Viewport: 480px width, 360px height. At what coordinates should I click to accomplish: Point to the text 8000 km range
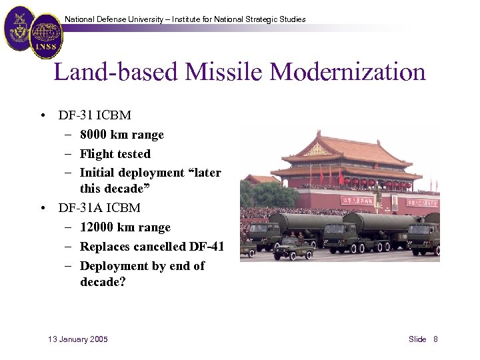click(121, 135)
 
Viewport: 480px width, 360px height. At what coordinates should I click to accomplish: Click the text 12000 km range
click(125, 227)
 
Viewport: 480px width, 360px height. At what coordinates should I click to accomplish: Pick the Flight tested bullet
click(115, 154)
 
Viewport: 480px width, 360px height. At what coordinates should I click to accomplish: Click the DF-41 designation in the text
click(206, 247)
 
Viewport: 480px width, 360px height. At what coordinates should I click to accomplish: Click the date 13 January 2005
click(78, 339)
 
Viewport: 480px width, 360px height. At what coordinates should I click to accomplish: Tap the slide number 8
click(435, 339)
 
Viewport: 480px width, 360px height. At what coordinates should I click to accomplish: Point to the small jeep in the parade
click(293, 249)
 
